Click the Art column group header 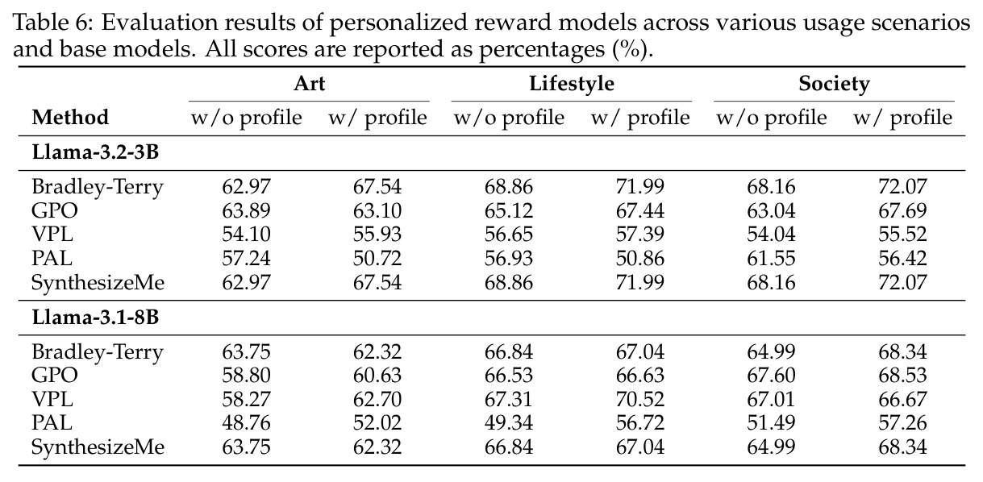[x=310, y=83]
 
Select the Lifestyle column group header [x=572, y=83]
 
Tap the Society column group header [x=834, y=83]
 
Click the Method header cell [x=70, y=118]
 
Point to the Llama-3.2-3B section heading [x=95, y=152]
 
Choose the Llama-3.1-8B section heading [x=95, y=317]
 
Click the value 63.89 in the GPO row [x=246, y=210]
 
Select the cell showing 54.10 [x=246, y=234]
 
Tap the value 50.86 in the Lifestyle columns [x=639, y=258]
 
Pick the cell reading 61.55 [x=771, y=258]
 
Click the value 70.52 [x=639, y=399]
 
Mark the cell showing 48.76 [x=246, y=423]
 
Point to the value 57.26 [x=902, y=423]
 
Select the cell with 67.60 [x=771, y=376]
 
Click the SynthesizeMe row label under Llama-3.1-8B [x=98, y=447]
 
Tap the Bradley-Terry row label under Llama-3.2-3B [x=98, y=187]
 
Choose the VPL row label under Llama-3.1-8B [x=52, y=399]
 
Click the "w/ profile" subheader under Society [x=902, y=118]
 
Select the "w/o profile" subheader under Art [x=246, y=118]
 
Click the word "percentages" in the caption [x=542, y=49]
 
